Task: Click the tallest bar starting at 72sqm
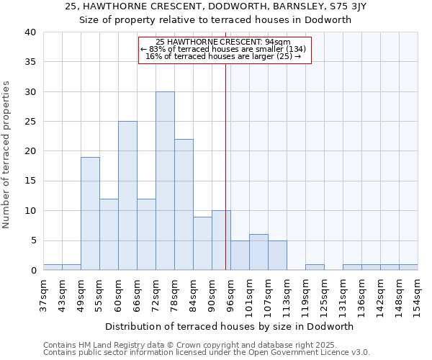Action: coord(165,181)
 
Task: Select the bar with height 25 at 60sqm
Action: coord(127,196)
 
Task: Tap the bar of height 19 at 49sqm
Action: coord(90,214)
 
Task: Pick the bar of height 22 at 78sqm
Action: coord(184,204)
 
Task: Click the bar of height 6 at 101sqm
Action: coord(258,252)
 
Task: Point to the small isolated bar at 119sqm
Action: coord(315,267)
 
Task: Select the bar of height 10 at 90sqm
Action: coord(221,240)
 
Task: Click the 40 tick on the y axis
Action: coord(30,32)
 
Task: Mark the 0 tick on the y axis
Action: coord(32,270)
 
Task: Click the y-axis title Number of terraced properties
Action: coord(7,154)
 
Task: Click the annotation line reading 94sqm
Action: coord(223,42)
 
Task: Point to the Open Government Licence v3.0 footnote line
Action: coord(207,352)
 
